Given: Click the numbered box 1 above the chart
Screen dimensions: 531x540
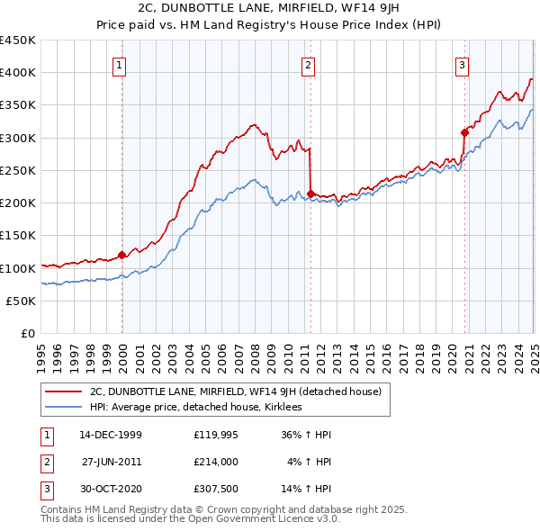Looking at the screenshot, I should pos(120,64).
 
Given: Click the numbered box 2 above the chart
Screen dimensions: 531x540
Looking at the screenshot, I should pos(308,64).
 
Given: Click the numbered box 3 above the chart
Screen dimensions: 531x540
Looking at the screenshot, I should pos(462,64).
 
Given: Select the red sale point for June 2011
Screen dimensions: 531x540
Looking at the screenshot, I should pos(310,193).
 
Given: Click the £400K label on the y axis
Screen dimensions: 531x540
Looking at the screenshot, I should pos(18,73).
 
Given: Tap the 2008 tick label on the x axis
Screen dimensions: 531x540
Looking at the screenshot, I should pos(255,351).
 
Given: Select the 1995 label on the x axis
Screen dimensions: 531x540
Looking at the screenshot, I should pos(41,351).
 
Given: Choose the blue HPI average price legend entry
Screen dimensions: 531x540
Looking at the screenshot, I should pos(199,408).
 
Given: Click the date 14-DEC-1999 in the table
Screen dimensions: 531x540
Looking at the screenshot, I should pos(111,435).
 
